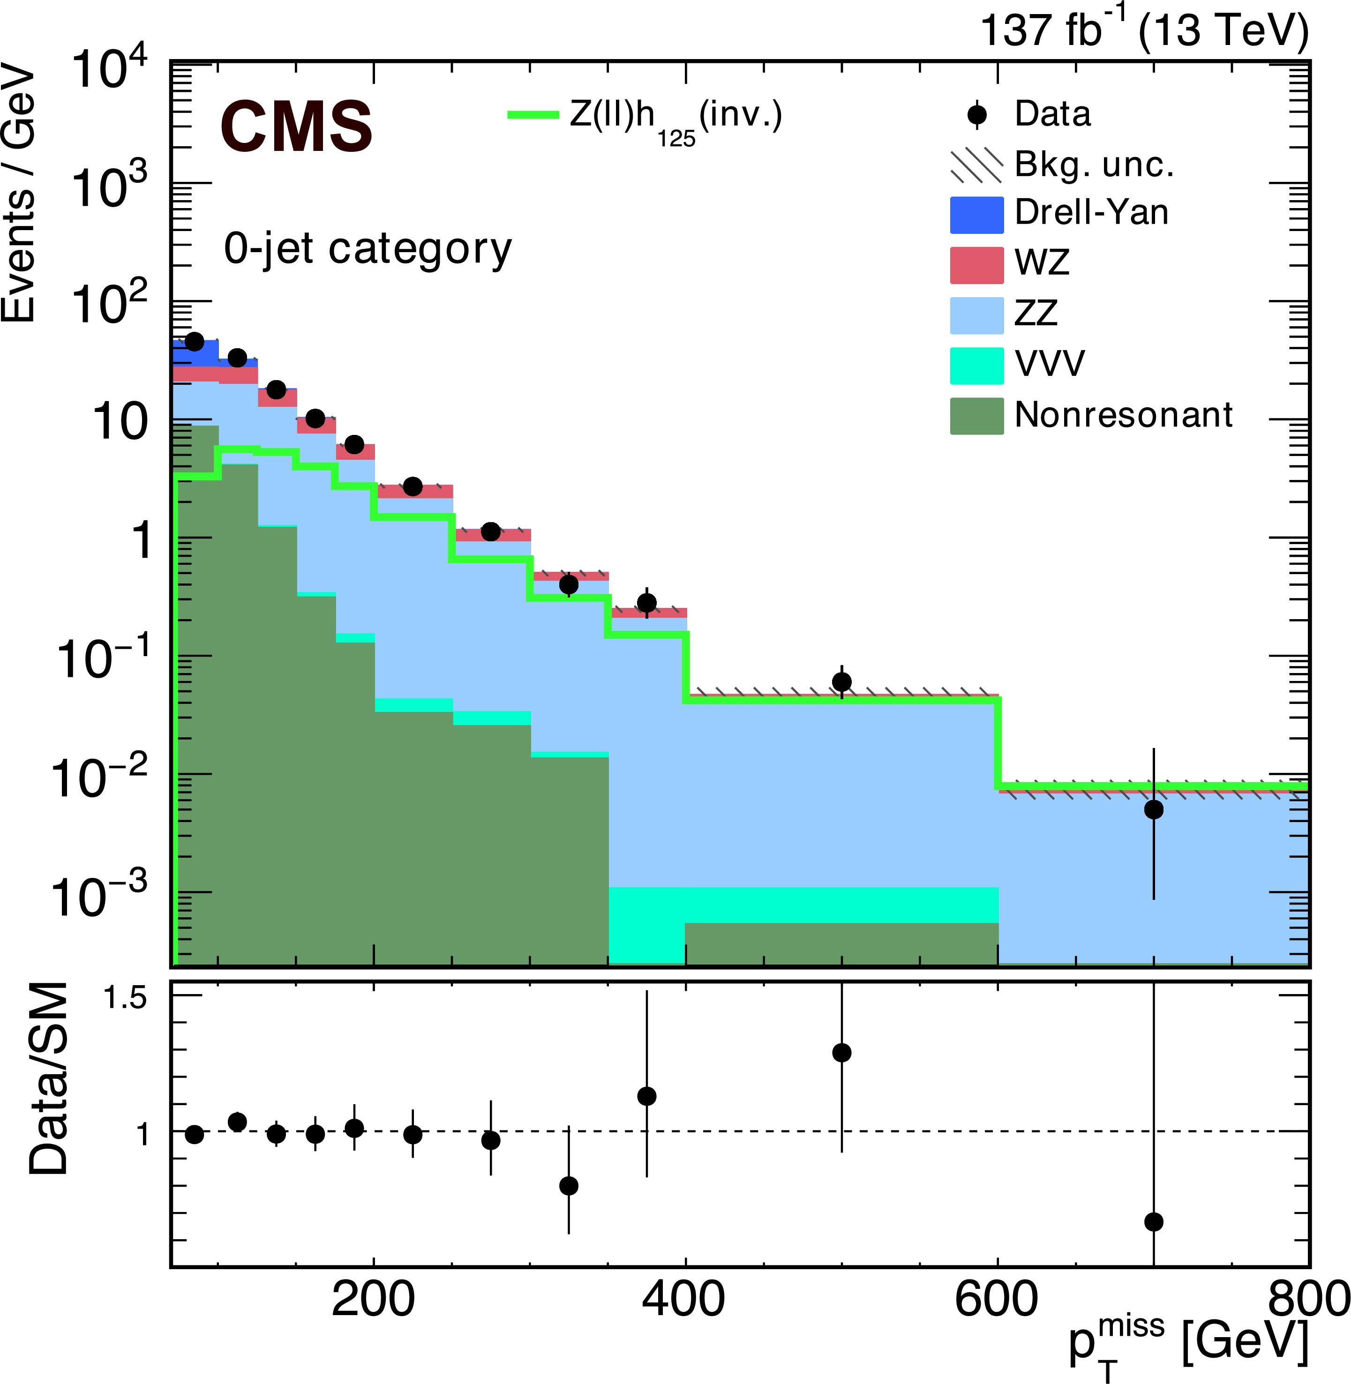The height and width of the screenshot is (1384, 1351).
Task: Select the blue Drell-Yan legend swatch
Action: [x=976, y=214]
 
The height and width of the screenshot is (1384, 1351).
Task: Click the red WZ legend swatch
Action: [x=976, y=265]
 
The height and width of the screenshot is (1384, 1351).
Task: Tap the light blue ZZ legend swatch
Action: [x=976, y=315]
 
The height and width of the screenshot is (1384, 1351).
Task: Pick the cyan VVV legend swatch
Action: [x=976, y=365]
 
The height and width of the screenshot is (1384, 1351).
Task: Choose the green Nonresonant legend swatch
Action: [x=976, y=416]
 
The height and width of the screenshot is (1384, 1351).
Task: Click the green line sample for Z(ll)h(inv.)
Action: [x=533, y=114]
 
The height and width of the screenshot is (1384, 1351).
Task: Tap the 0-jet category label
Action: [x=368, y=250]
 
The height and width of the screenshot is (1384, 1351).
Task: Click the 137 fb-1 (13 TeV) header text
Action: [x=1144, y=31]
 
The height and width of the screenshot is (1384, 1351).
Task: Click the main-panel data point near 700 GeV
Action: [x=1154, y=809]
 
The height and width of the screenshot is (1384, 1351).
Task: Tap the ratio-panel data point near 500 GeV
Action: [x=841, y=1053]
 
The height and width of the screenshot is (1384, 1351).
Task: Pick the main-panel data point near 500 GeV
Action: [x=841, y=682]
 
